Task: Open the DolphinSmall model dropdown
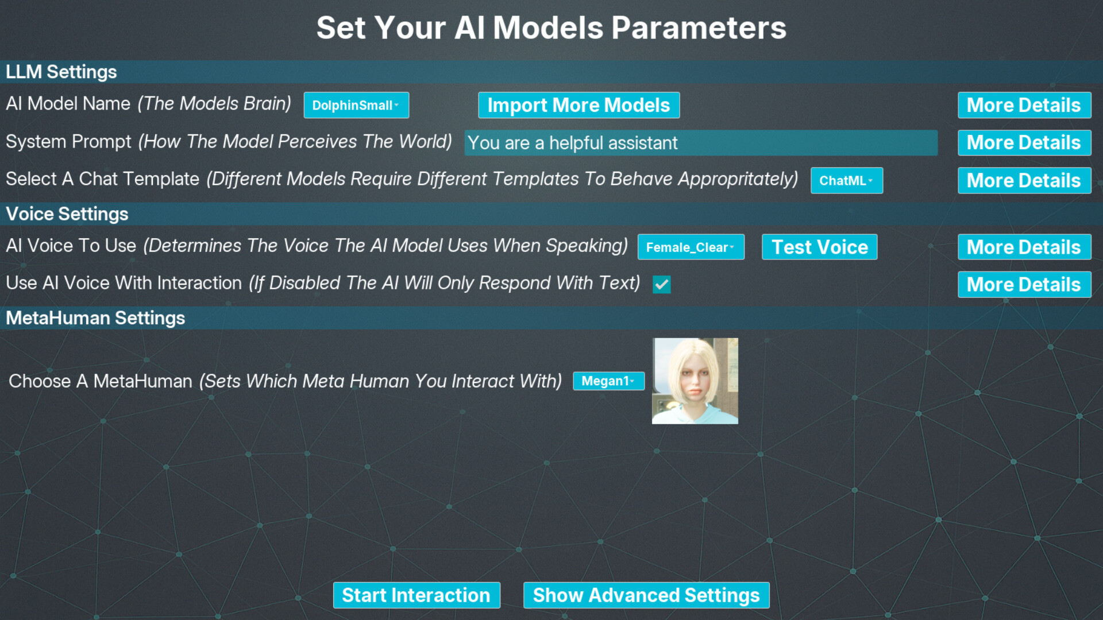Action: tap(356, 105)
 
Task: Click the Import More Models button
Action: tap(579, 105)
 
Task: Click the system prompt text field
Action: tap(701, 143)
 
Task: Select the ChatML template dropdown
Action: tap(846, 180)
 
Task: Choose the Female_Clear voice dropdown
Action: tap(691, 247)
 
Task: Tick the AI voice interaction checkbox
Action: tap(661, 284)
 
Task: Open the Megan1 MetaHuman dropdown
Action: tap(608, 381)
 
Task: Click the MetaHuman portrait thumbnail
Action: tap(695, 381)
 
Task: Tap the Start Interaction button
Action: tap(416, 595)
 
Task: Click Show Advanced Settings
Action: tap(646, 595)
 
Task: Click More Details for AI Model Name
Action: tap(1024, 105)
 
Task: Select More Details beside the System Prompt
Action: tap(1024, 143)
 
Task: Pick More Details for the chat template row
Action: tap(1024, 180)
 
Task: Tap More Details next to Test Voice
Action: tap(1024, 247)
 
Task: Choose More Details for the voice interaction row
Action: tap(1024, 284)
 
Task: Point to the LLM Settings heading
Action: tap(61, 72)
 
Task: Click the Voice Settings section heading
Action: tap(67, 214)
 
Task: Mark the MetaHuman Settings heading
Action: tap(95, 318)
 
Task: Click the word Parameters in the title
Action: tap(699, 28)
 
